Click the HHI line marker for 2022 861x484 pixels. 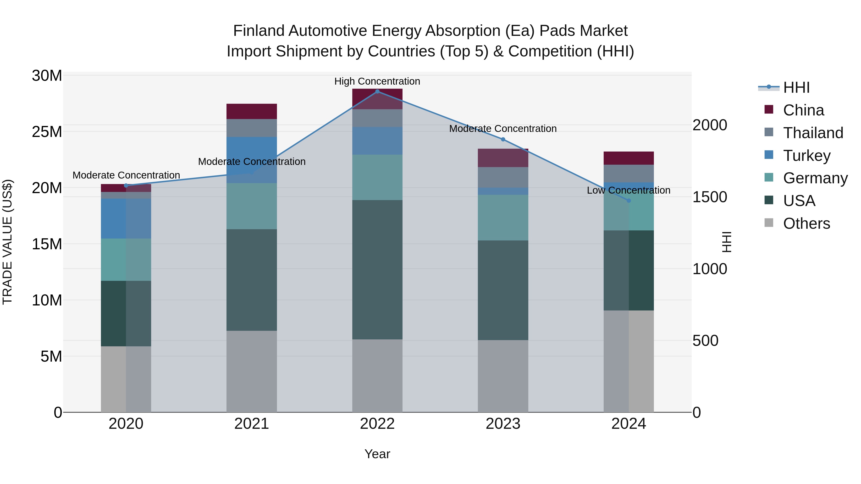[377, 92]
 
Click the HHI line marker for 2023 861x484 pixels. [503, 139]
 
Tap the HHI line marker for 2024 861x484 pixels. [629, 201]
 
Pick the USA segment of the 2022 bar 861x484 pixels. [377, 270]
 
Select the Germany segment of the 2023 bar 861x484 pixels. [503, 218]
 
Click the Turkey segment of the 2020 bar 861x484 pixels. [126, 218]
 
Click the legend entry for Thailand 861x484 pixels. [813, 133]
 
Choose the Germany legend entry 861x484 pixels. [815, 178]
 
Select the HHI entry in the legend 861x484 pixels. [796, 87]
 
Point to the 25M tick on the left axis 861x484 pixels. [47, 132]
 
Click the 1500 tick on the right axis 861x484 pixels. [709, 197]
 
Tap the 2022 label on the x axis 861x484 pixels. [377, 424]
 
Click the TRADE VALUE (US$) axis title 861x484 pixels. [7, 242]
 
